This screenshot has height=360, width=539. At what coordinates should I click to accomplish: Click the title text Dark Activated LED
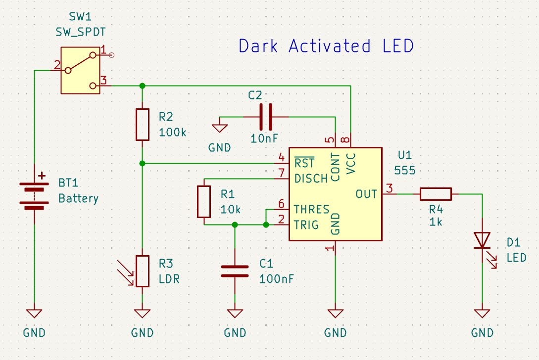[326, 46]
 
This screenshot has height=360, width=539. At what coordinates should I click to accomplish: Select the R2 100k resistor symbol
[142, 125]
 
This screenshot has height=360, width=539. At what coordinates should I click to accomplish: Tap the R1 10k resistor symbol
[204, 201]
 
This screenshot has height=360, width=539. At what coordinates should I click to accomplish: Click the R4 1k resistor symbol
[436, 194]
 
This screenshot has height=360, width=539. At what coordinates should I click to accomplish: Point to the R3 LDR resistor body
[143, 271]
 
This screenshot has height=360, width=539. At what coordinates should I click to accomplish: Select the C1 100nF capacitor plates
[235, 271]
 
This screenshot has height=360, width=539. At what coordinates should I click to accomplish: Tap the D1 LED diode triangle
[482, 240]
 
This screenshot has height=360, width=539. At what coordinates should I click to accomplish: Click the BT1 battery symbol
[34, 195]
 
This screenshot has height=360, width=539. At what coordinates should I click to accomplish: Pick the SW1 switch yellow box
[80, 70]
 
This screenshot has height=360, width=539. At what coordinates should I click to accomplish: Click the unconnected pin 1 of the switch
[111, 55]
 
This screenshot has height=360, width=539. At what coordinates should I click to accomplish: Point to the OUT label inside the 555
[366, 194]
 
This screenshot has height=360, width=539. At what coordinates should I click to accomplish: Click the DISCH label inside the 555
[311, 179]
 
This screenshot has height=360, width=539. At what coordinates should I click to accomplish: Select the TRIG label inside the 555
[306, 225]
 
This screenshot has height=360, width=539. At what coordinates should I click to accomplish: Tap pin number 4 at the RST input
[281, 158]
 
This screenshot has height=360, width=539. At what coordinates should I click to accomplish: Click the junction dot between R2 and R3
[142, 163]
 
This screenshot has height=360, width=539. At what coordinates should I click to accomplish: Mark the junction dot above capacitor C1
[235, 225]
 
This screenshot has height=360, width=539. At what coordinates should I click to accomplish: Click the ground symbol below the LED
[482, 314]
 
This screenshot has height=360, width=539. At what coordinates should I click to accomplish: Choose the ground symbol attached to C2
[219, 128]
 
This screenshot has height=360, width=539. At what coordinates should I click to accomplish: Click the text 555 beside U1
[404, 170]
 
